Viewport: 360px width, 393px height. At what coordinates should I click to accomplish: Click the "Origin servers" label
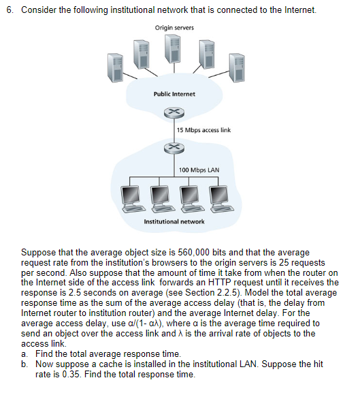[174, 27]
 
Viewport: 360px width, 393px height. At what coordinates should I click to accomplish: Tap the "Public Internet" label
[174, 93]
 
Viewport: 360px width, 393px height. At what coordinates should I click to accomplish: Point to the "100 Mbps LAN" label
[197, 170]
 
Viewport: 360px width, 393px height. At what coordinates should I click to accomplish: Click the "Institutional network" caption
[174, 221]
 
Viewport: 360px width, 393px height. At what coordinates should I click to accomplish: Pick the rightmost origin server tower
[235, 67]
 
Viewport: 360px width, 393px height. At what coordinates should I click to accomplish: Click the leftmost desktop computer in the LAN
[130, 196]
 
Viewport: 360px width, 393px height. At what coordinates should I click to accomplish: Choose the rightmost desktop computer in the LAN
[218, 196]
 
